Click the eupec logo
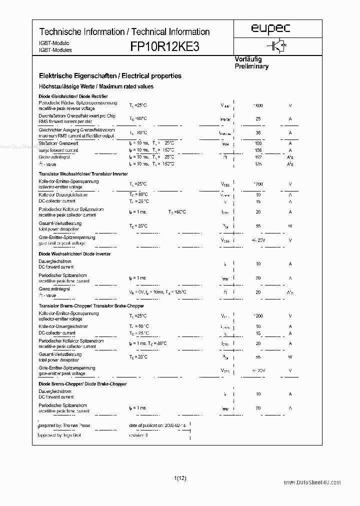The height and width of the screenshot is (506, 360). [270, 29]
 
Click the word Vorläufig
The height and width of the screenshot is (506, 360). [248, 59]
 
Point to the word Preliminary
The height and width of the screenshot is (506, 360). [251, 66]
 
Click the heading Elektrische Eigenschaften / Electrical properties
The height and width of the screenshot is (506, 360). [110, 76]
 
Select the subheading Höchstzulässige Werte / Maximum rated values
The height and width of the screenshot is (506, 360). [96, 86]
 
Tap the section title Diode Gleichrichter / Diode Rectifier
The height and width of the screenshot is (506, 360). [73, 96]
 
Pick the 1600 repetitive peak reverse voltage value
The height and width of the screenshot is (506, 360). [258, 105]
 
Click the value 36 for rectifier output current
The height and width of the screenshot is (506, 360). [258, 133]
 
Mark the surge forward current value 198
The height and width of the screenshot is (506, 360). [258, 143]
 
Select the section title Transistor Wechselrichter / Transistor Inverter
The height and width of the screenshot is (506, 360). [83, 173]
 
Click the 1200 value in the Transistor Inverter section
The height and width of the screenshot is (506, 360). [258, 184]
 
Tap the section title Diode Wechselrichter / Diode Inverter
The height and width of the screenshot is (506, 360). [74, 254]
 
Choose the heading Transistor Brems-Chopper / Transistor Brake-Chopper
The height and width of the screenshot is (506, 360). [91, 305]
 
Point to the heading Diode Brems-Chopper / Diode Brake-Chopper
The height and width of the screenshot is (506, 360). [82, 384]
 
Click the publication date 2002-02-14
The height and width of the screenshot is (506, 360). [175, 425]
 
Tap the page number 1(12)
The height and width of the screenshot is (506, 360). [180, 478]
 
